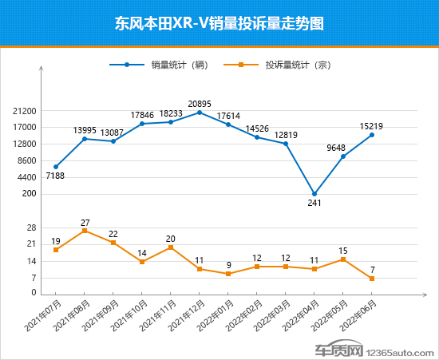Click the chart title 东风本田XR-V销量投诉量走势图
[219, 23]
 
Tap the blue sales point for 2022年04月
[314, 194]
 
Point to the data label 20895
[199, 103]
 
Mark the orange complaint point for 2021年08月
[85, 231]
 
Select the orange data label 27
[85, 221]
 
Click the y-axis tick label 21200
[25, 111]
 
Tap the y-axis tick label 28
[32, 228]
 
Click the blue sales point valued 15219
[372, 135]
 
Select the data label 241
[314, 204]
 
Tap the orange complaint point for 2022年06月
[372, 279]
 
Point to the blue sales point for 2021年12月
[200, 113]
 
